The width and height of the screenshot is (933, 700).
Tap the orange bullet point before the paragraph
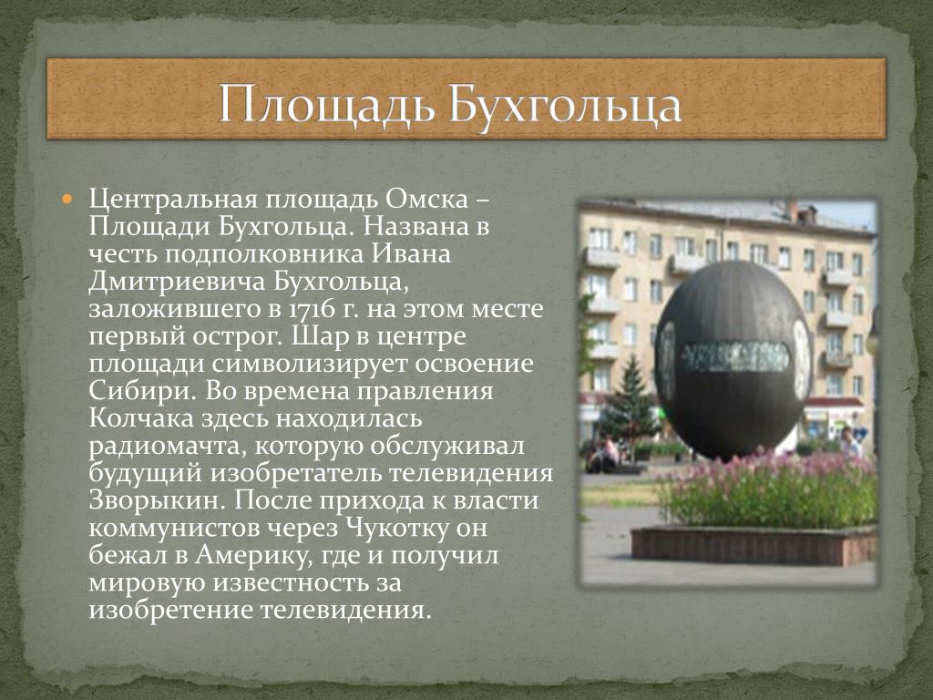pos(67,197)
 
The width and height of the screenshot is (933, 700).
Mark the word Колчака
pos(141,418)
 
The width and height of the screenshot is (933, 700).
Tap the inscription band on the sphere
pos(735,356)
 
